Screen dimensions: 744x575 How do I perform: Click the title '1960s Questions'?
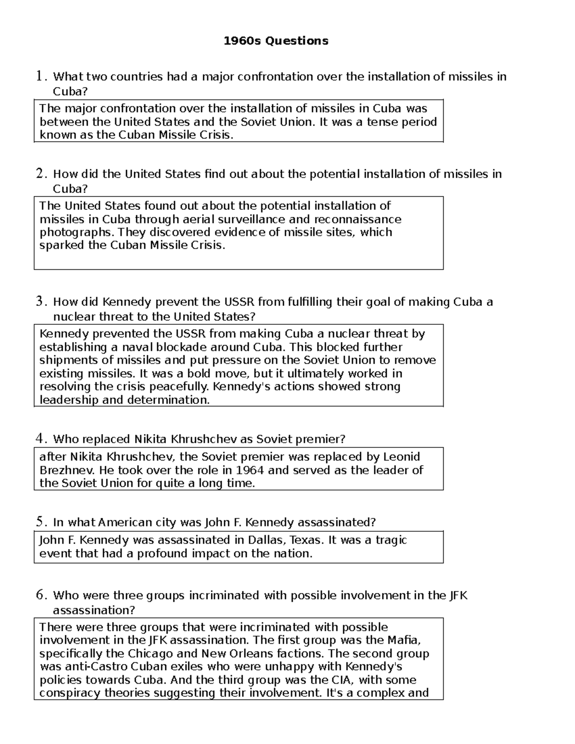coord(276,41)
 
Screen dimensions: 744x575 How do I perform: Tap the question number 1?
coord(41,76)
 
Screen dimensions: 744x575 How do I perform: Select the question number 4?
coord(41,439)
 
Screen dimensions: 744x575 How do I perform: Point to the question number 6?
coord(41,595)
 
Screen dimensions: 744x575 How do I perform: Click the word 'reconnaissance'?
coord(357,219)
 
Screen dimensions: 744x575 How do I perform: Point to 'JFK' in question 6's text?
coord(458,595)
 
